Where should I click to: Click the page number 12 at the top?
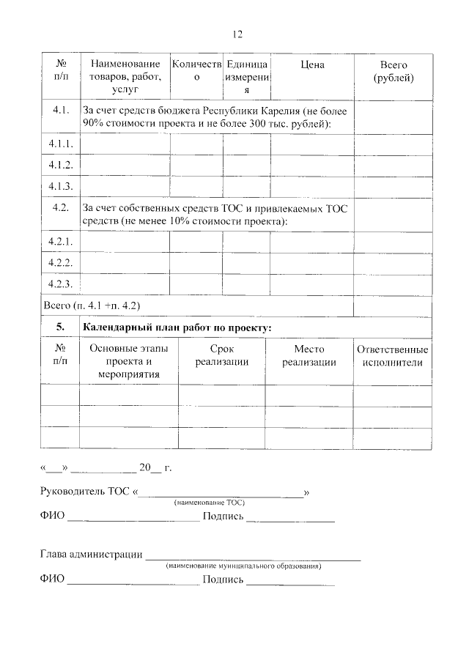237,34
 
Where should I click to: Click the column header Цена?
312,65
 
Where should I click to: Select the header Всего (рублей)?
393,72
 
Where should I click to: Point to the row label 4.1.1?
60,145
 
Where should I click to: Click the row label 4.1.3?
60,186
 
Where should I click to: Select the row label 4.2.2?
60,262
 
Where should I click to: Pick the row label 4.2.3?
60,283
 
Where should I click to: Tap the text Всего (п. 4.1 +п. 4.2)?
92,305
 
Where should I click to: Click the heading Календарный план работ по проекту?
177,327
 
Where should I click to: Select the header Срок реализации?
224,355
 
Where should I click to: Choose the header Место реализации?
309,355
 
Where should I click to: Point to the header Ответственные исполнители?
392,355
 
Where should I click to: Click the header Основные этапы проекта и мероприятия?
128,362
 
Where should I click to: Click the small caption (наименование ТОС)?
210,503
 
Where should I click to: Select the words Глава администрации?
91,554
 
